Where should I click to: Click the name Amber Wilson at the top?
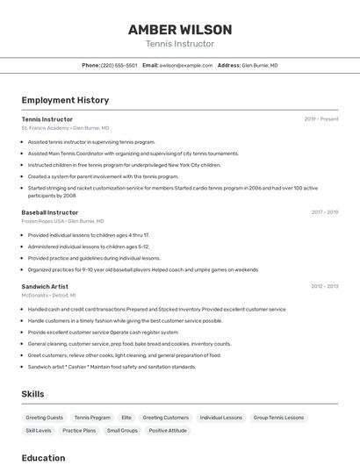(x=179, y=29)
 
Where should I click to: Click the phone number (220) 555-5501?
(x=119, y=65)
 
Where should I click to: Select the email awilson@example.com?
(x=186, y=65)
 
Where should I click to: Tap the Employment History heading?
(x=65, y=100)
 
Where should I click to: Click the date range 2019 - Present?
(x=321, y=118)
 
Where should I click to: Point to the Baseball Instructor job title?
(x=50, y=212)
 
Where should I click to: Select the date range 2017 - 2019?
(x=325, y=212)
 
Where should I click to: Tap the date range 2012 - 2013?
(x=325, y=286)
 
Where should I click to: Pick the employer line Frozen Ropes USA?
(x=62, y=221)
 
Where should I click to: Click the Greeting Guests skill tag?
(x=44, y=418)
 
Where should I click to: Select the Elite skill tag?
(x=126, y=418)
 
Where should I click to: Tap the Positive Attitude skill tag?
(x=167, y=431)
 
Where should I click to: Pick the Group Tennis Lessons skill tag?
(x=278, y=418)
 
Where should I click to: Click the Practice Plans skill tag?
(x=79, y=431)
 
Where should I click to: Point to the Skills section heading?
(x=32, y=394)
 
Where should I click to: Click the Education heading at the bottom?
(x=43, y=457)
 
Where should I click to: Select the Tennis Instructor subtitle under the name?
(x=179, y=44)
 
